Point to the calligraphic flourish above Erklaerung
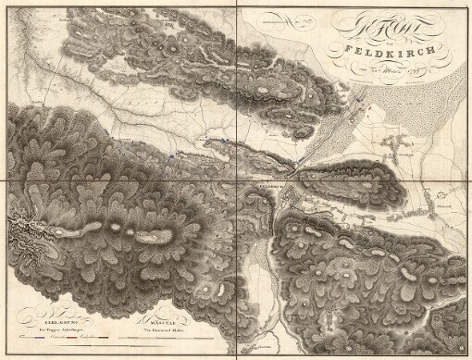click(47, 307)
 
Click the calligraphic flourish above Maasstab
click(158, 307)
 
